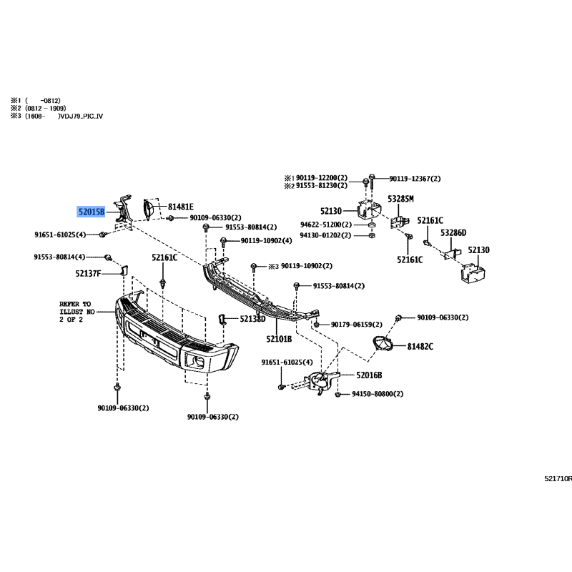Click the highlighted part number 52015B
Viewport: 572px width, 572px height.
[x=92, y=212]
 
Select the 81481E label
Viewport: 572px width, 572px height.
[x=181, y=207]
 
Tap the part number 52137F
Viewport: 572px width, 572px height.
[x=88, y=273]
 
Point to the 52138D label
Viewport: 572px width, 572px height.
[x=252, y=319]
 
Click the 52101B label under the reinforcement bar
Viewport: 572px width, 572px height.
[x=279, y=339]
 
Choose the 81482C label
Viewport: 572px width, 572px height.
[x=420, y=347]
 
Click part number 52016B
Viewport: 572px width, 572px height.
[x=369, y=375]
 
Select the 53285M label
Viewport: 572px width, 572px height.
[x=400, y=199]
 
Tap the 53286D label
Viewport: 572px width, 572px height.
[x=453, y=233]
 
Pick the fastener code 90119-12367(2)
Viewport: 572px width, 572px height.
[x=415, y=179]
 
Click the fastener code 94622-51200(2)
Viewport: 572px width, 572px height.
[x=326, y=225]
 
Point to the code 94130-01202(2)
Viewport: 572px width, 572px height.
[x=325, y=235]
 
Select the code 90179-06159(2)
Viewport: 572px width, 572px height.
[x=356, y=325]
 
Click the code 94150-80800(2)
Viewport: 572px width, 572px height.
[x=378, y=394]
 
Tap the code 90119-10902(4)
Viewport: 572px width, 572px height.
[x=266, y=241]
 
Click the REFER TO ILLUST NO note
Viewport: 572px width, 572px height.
[x=77, y=312]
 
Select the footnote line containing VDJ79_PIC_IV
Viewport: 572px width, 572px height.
[x=57, y=116]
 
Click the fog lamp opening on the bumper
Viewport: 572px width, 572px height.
[x=195, y=361]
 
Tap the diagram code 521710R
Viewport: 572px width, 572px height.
[x=558, y=479]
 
